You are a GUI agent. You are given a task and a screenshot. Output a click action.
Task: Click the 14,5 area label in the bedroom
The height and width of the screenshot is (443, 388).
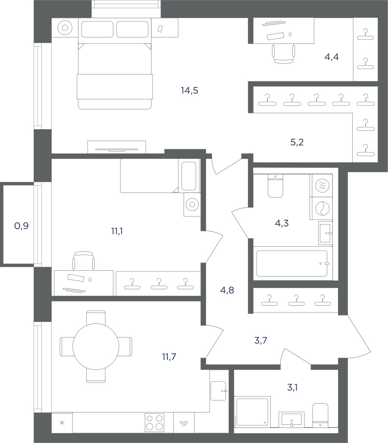(189, 90)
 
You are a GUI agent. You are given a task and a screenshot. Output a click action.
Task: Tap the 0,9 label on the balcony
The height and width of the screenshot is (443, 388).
(22, 226)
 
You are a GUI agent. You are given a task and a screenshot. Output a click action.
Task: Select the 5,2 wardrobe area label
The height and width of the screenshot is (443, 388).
(297, 142)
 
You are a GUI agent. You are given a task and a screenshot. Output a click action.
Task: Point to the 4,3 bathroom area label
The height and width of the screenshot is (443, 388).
(282, 223)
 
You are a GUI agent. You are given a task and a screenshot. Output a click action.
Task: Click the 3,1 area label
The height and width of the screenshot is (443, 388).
(292, 387)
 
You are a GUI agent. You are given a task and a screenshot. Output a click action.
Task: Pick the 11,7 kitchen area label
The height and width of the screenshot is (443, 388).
(169, 357)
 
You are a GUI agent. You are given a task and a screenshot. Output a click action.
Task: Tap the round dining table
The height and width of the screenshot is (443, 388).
(96, 347)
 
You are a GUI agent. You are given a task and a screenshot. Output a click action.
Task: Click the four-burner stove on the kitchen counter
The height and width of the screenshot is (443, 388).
(154, 422)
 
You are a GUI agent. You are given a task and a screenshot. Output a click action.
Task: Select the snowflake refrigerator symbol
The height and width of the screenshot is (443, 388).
(62, 423)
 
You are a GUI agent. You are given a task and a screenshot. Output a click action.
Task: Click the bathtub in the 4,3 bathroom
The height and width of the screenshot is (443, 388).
(292, 263)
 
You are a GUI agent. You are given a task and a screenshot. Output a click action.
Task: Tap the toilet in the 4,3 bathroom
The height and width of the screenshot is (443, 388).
(275, 186)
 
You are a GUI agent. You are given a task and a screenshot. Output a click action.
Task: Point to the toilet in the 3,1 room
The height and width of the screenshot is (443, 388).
(320, 415)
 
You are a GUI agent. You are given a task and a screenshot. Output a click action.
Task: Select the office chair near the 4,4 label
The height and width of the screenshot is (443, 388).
(283, 54)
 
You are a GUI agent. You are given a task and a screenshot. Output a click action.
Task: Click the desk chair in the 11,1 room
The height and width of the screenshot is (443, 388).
(84, 260)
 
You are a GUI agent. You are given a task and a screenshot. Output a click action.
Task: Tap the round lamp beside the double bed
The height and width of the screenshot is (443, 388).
(65, 28)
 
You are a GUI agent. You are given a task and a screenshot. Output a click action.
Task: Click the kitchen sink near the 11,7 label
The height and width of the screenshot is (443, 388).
(218, 391)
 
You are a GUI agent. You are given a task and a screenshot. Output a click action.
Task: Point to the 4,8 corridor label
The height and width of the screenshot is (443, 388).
(227, 290)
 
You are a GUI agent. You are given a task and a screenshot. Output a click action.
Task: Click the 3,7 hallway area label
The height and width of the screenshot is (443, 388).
(261, 341)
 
